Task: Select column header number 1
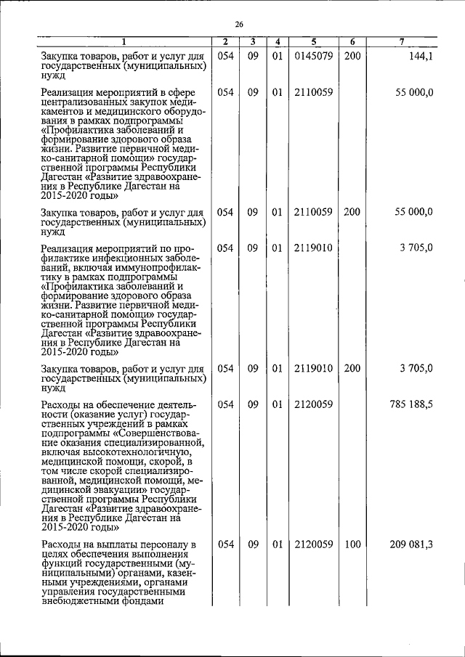[124, 42]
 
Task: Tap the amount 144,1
[421, 55]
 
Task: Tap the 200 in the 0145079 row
[352, 55]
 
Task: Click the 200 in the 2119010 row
[352, 370]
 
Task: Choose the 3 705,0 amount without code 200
[416, 248]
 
